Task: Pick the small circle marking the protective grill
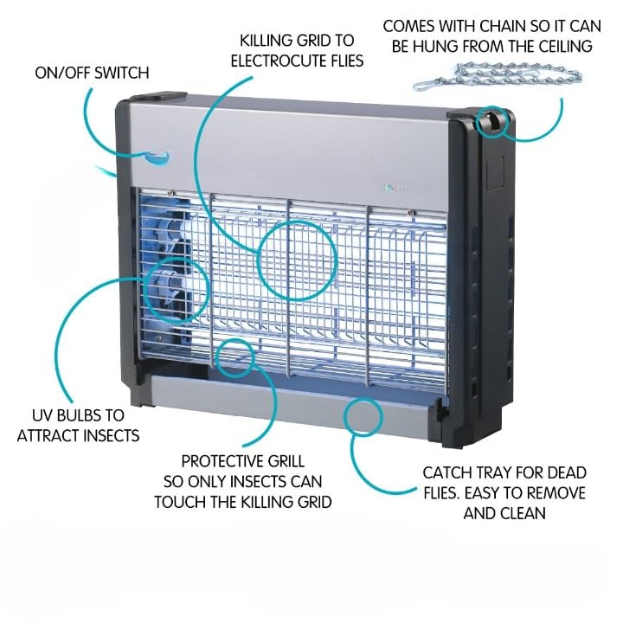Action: coord(234,358)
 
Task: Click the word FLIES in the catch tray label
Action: coord(442,492)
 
